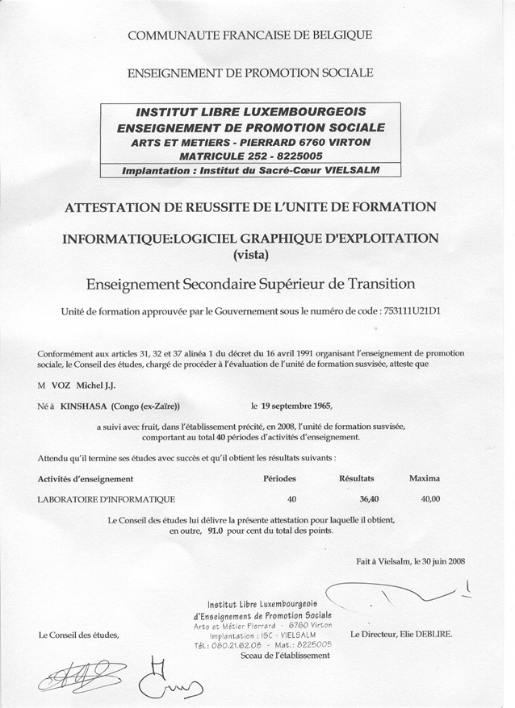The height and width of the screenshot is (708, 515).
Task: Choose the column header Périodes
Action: coord(280,478)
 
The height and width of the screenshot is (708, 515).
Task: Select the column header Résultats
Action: coord(357,478)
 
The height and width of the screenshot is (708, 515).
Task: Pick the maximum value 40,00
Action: coord(430,499)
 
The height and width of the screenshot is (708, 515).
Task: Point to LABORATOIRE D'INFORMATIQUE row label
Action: coord(106,499)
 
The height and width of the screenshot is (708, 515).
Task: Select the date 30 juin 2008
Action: coord(439,561)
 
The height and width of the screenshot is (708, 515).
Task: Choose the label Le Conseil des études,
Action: coord(78,635)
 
